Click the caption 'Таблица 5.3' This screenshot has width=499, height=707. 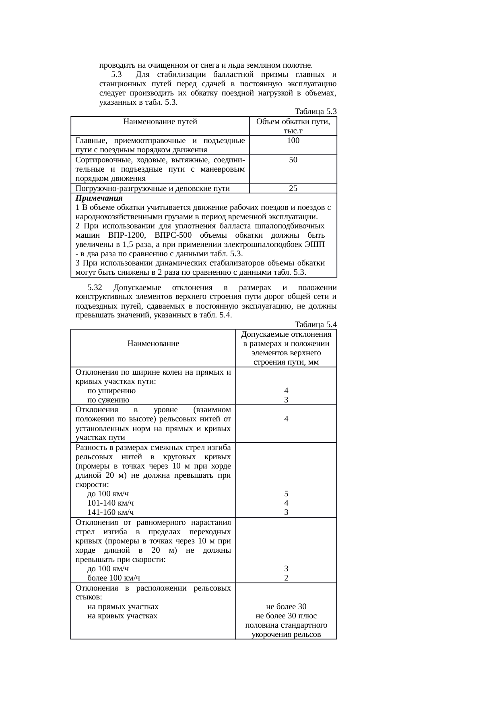pyautogui.click(x=315, y=111)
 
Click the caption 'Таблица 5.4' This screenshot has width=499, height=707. pyautogui.click(x=315, y=325)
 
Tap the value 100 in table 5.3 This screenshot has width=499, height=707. pyautogui.click(x=293, y=141)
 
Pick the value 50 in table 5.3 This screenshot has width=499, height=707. pyautogui.click(x=293, y=160)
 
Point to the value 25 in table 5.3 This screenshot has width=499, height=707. pyautogui.click(x=293, y=188)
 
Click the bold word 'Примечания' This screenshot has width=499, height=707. pyautogui.click(x=99, y=199)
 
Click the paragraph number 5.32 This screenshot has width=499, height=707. pyautogui.click(x=95, y=288)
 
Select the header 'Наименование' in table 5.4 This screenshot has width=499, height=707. pyautogui.click(x=153, y=344)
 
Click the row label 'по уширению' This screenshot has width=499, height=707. pyautogui.click(x=111, y=391)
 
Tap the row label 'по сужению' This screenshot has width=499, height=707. pyautogui.click(x=108, y=400)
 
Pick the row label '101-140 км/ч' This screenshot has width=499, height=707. pyautogui.click(x=111, y=503)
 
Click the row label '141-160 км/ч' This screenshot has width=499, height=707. pyautogui.click(x=111, y=512)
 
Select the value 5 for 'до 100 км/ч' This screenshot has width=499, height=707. pyautogui.click(x=286, y=494)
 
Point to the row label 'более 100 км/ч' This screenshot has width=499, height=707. pyautogui.click(x=114, y=578)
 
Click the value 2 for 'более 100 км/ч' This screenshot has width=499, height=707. pyautogui.click(x=286, y=578)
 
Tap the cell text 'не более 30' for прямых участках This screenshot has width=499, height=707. pyautogui.click(x=286, y=607)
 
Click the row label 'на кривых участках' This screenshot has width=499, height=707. pyautogui.click(x=122, y=616)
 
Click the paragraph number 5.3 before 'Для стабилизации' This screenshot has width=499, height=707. pyautogui.click(x=116, y=75)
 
